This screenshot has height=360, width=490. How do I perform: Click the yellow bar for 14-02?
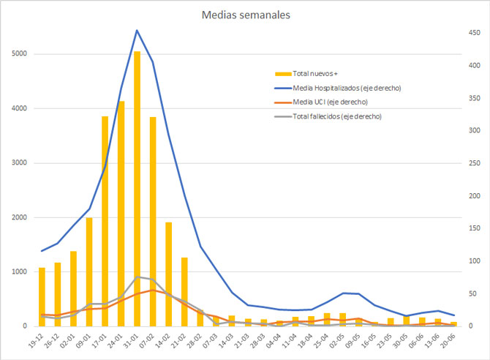[168, 274]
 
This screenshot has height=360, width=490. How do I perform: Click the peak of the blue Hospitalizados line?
[137, 31]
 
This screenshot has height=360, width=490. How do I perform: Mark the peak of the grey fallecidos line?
[137, 277]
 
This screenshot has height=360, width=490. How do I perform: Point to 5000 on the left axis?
[20, 54]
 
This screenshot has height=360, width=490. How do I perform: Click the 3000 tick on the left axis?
[20, 163]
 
